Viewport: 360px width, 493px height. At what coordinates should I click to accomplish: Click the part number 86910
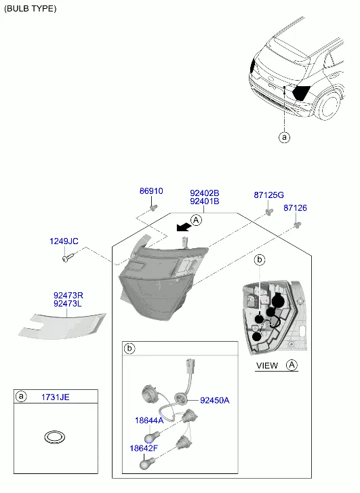click(151, 191)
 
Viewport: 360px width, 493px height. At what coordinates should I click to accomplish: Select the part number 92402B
click(204, 193)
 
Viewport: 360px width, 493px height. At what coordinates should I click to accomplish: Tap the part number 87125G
click(269, 195)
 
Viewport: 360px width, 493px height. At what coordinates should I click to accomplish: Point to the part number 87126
click(295, 208)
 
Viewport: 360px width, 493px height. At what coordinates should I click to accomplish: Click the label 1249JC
click(64, 241)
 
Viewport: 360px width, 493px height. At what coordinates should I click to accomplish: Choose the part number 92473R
click(68, 296)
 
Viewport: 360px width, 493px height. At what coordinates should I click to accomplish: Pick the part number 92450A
click(215, 400)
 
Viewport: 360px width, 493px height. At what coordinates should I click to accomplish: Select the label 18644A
click(149, 420)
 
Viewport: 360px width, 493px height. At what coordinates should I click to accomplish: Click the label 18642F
click(144, 448)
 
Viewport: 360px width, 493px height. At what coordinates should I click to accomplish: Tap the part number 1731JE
click(56, 397)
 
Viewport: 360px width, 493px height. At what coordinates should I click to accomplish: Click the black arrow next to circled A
click(184, 227)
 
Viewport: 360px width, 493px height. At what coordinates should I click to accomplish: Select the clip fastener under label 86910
click(153, 208)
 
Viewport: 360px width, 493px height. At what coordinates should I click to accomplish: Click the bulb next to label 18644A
click(152, 437)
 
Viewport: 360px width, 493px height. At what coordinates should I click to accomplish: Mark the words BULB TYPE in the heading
click(31, 9)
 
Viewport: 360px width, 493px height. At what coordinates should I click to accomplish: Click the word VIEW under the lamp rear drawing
click(267, 366)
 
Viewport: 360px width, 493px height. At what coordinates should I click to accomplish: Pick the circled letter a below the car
click(285, 137)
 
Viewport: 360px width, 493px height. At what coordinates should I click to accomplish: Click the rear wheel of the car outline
click(331, 106)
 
